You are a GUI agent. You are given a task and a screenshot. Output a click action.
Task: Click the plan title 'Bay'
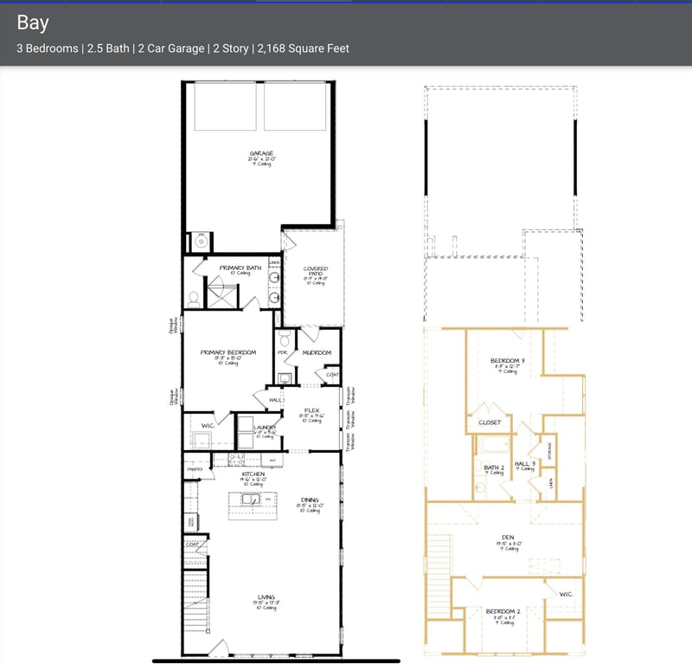coord(33,22)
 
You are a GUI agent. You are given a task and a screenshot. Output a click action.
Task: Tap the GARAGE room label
coord(260,153)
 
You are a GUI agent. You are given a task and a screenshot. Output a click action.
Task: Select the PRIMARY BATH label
coord(240,268)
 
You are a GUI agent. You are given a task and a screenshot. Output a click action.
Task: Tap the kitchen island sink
coord(249,500)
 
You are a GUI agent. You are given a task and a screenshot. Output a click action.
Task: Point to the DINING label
coord(309,500)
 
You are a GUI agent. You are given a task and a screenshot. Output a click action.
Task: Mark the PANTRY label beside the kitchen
coord(193,468)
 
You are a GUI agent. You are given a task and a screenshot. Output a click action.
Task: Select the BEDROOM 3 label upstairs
coord(507,360)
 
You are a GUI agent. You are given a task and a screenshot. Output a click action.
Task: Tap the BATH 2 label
coord(494,467)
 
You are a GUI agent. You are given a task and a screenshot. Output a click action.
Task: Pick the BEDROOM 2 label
coord(503,611)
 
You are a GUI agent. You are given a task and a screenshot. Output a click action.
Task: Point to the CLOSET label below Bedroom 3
coord(490,422)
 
